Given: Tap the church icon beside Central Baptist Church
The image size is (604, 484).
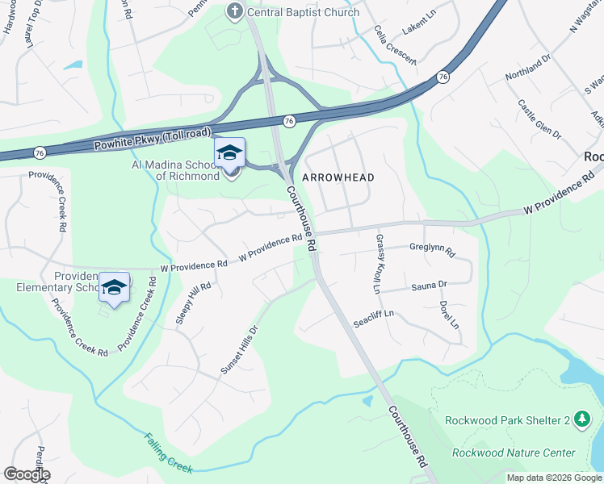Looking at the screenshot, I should coord(234,11).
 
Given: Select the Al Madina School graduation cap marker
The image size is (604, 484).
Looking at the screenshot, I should coord(229,152).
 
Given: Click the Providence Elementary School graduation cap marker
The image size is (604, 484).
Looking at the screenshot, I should coord(115,287).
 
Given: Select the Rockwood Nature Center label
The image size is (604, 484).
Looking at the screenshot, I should coord(514,453).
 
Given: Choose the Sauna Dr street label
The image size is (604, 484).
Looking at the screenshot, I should coord(429,286).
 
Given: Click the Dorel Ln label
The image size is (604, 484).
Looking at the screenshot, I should coord(449,315).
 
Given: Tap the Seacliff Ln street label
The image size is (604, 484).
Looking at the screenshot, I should coord(373,318).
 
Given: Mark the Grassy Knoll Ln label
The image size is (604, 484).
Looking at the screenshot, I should coord(376,264).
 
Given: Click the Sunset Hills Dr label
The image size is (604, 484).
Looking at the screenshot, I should coord(239,349).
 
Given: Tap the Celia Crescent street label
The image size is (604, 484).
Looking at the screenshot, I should coord(395,44).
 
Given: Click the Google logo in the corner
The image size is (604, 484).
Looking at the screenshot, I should coord(26,474).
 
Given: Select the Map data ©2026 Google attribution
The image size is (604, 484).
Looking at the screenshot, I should coord(554,478).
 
